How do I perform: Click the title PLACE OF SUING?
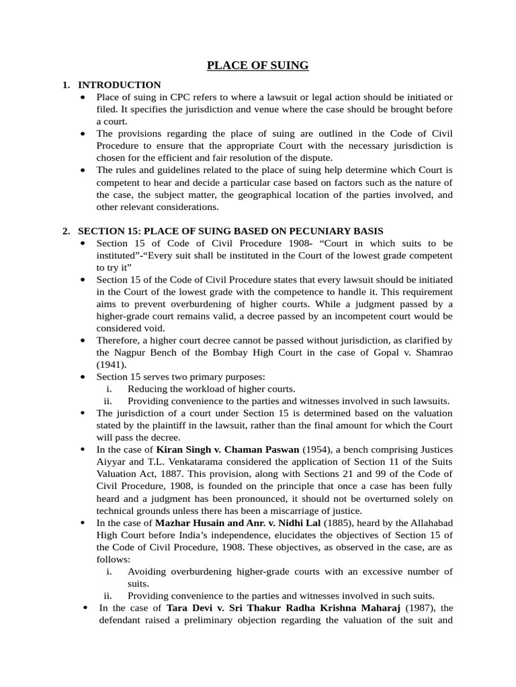[x=257, y=65]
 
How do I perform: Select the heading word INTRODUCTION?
[x=119, y=85]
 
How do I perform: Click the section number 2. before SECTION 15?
[x=66, y=231]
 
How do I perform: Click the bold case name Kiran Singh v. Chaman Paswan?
[x=228, y=450]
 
